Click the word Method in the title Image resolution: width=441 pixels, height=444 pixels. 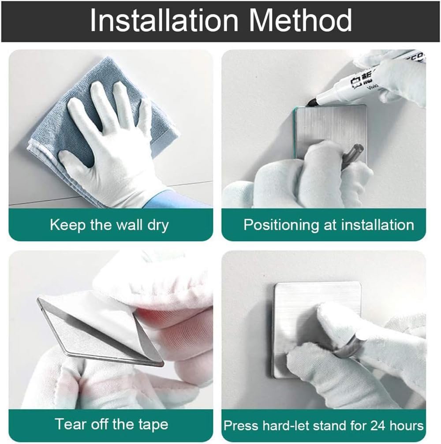click(300, 20)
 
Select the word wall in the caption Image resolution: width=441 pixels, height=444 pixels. click(129, 224)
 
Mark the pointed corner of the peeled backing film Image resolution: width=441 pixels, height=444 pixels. click(37, 299)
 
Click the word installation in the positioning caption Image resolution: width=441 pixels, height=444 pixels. click(377, 225)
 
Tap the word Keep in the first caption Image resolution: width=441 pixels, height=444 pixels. click(68, 225)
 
